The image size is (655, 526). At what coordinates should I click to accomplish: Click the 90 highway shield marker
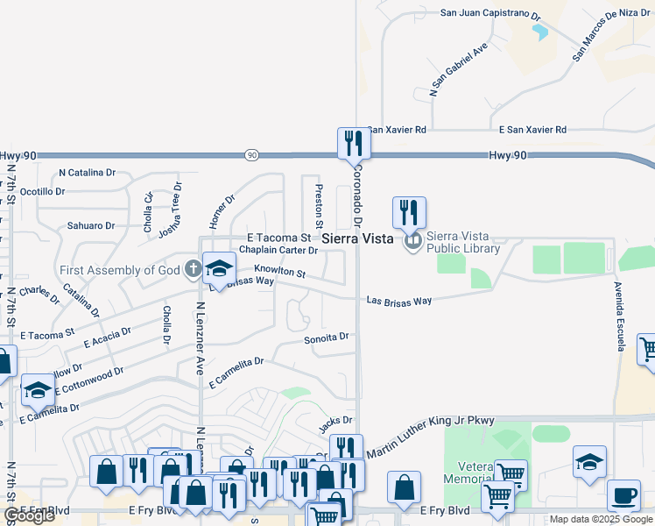coord(252,155)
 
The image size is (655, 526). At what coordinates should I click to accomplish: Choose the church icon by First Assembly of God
coord(194,269)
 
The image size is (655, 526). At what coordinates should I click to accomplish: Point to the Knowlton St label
coord(280,273)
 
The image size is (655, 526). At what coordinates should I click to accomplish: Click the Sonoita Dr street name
coord(327,337)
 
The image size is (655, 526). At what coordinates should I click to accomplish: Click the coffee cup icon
coord(623,495)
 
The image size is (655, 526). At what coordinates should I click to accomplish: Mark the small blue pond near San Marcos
coord(539,32)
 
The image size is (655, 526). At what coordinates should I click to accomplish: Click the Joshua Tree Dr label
coord(170,210)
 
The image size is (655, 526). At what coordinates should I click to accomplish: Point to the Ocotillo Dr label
coord(43,191)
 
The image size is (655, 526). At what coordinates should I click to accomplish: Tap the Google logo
coord(30,515)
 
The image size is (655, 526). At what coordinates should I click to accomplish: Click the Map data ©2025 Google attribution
coord(600,520)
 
